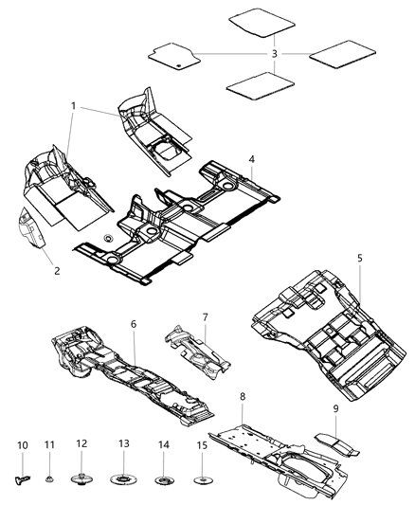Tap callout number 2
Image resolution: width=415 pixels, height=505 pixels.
coord(56,271)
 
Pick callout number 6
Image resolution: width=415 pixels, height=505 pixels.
coord(134,324)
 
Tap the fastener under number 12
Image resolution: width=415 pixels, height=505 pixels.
coord(81,473)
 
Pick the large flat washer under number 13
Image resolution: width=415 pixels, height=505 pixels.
coord(123,475)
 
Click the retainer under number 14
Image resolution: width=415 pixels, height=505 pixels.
coord(163,474)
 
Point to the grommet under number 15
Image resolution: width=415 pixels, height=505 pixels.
coord(202,475)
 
